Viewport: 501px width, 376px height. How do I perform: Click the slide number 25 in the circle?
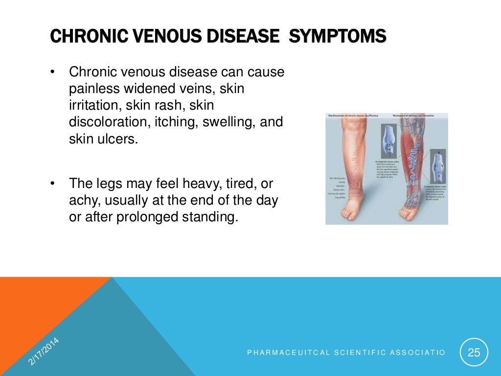pyautogui.click(x=474, y=352)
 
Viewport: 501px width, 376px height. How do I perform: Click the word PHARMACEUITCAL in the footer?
pyautogui.click(x=282, y=352)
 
